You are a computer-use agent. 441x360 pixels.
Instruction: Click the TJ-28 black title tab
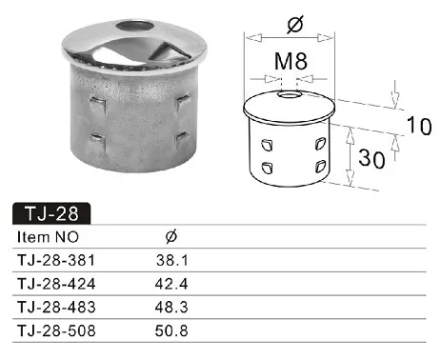[x=51, y=213]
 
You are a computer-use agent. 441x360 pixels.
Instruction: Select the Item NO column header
[x=48, y=237]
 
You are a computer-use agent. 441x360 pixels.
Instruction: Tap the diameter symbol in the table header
[x=171, y=236]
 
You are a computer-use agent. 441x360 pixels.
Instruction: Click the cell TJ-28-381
[x=56, y=260]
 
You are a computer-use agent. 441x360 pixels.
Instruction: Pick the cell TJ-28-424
[x=56, y=284]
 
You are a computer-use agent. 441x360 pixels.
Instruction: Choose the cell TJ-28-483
[x=56, y=308]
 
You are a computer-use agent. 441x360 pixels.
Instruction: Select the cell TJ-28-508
[x=56, y=330]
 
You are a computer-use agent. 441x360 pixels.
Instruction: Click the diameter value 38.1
[x=172, y=260]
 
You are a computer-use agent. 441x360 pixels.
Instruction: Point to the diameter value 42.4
[x=171, y=284]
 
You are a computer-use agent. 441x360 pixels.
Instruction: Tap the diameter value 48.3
[x=171, y=308]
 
